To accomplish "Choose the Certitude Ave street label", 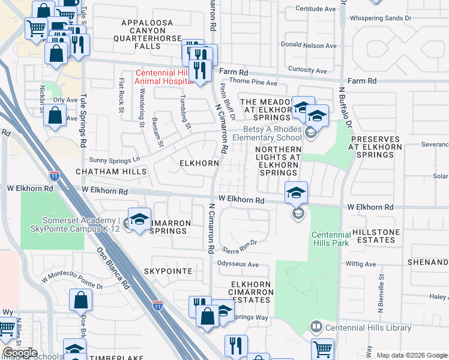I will point(315,9).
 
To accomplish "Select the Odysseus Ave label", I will point(238,265).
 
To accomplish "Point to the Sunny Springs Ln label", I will point(114,160).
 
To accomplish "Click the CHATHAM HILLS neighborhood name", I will point(110,172).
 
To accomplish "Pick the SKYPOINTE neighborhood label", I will point(168,271).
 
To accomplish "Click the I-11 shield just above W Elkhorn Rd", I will point(55,175).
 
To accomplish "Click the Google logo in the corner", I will point(19,353).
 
